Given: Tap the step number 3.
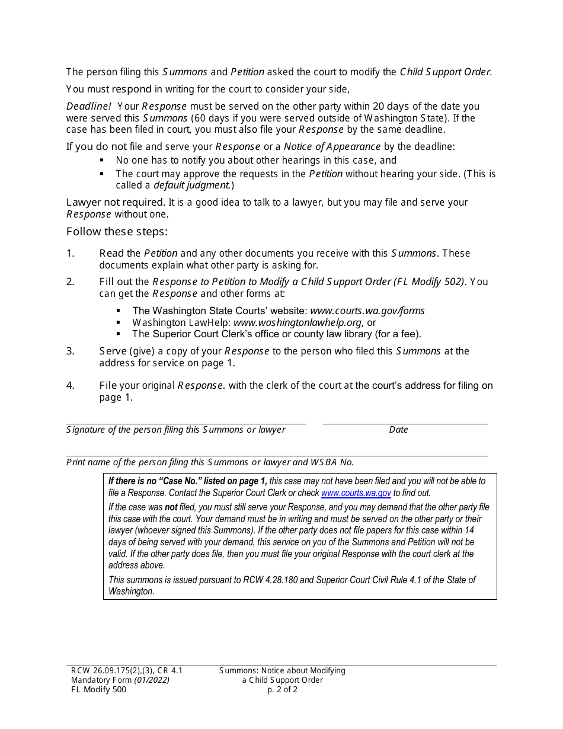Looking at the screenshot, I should [70, 351].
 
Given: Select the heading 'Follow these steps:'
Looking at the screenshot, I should [117, 232].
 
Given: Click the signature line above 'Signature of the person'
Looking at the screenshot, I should [186, 423].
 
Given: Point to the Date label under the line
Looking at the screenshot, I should [398, 430].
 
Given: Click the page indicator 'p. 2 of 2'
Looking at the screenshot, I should [282, 690].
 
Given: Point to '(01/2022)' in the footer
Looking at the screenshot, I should [152, 680].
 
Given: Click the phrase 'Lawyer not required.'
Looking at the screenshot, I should [116, 203].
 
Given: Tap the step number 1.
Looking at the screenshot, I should [70, 254].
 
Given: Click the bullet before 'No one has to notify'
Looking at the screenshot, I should [102, 161].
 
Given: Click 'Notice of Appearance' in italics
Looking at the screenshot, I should [332, 146].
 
